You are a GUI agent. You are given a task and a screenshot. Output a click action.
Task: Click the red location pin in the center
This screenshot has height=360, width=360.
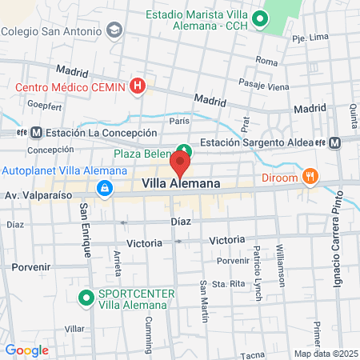coord(179,166)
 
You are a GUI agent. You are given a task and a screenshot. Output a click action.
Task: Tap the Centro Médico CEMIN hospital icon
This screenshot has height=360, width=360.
coord(138,85)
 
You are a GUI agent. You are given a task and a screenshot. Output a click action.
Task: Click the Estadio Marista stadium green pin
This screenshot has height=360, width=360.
coord(258,19)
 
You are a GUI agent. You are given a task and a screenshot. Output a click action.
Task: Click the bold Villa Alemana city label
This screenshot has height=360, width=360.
coord(181,184)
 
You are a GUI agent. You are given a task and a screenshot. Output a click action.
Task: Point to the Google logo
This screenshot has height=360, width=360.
coord(26,350)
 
